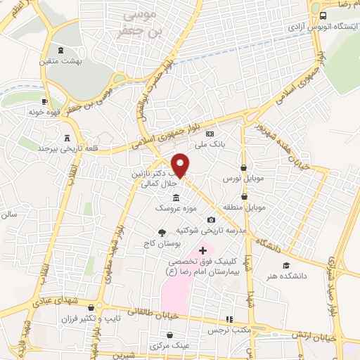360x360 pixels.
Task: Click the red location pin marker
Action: [x=181, y=165]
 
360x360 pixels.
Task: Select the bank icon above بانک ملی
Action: [x=209, y=134]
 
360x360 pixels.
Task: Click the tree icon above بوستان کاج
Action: [x=162, y=232]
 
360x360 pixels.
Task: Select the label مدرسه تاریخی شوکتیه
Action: [x=221, y=230]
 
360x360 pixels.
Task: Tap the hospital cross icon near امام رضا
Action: [x=203, y=251]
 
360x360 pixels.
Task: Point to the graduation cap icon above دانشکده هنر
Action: [x=285, y=265]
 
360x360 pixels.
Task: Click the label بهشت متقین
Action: [x=60, y=62]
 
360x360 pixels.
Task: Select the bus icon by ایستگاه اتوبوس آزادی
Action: [x=323, y=15]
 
